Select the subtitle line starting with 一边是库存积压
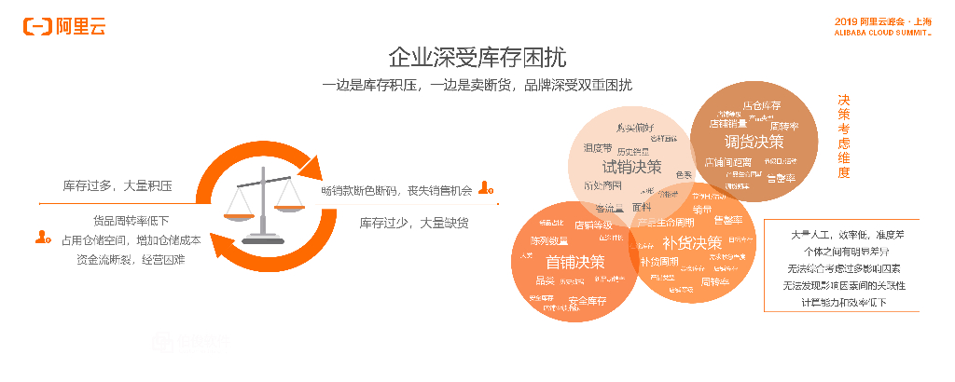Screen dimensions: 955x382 click(x=477, y=85)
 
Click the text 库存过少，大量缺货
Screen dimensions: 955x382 click(x=414, y=223)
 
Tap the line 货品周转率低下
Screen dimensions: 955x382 click(x=131, y=221)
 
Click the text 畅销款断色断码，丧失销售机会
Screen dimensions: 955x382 click(x=396, y=190)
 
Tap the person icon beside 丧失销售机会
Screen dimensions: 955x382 click(x=485, y=188)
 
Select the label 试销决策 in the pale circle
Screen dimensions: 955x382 click(x=631, y=167)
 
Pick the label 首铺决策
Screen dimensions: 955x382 click(x=575, y=262)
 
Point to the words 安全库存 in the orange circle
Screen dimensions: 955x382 click(x=588, y=301)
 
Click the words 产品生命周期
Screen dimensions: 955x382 click(x=665, y=223)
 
